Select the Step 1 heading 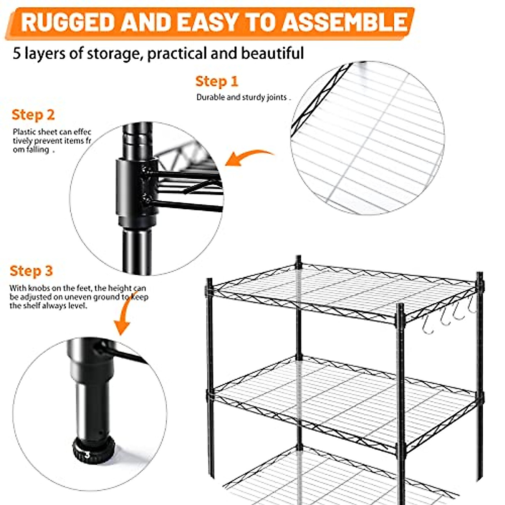pos(216,81)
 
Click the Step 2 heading pos(33,115)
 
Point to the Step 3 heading pos(31,271)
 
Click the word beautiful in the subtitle pos(272,54)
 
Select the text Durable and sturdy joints pos(242,97)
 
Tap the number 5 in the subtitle pos(16,54)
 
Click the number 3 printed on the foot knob pos(87,454)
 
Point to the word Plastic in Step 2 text pos(23,132)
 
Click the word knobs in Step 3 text pos(40,288)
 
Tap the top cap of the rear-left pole pos(298,258)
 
